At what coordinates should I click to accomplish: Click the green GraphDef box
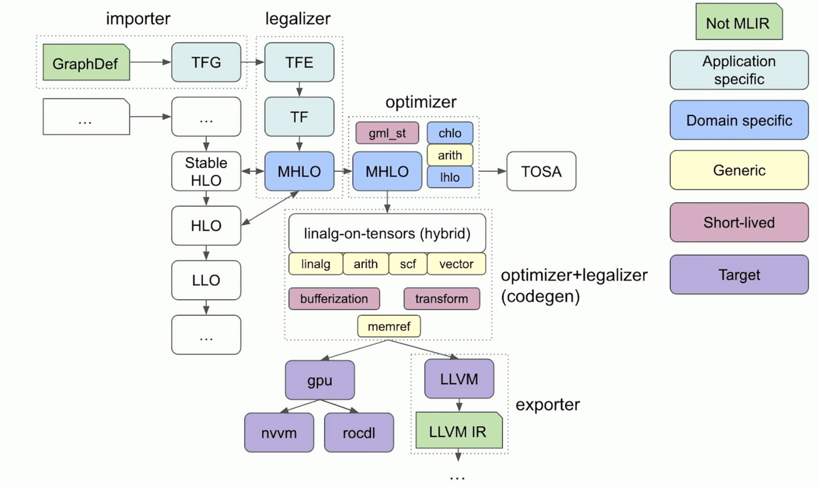86,63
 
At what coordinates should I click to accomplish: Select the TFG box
206,62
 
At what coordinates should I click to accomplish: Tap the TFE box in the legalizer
299,62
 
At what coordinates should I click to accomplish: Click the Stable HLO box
206,171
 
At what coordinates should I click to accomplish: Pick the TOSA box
541,171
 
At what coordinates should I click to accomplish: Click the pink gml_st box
387,133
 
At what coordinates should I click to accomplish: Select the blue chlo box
449,133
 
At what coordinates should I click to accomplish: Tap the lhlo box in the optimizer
449,177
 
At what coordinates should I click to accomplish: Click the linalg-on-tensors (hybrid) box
387,233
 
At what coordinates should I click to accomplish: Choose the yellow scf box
407,264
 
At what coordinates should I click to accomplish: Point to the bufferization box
333,298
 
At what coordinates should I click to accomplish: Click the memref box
389,326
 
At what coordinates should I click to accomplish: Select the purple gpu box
319,380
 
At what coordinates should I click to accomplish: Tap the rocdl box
358,432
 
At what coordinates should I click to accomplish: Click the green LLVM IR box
458,431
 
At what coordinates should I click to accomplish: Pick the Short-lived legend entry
738,222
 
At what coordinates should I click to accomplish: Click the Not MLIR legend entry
738,23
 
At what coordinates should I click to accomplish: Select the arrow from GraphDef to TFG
150,62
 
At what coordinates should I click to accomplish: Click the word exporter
547,405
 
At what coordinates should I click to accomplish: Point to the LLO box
206,280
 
